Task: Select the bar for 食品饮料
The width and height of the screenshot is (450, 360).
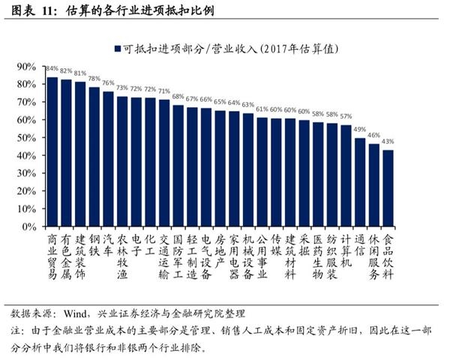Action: (x=388, y=187)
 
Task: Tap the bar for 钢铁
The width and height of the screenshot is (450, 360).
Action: (x=94, y=157)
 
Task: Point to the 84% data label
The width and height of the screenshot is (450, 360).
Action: (x=52, y=68)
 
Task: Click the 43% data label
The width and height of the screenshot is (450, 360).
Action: (x=388, y=142)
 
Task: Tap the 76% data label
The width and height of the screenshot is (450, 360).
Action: (x=108, y=83)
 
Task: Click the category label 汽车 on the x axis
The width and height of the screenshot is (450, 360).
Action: (x=108, y=244)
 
